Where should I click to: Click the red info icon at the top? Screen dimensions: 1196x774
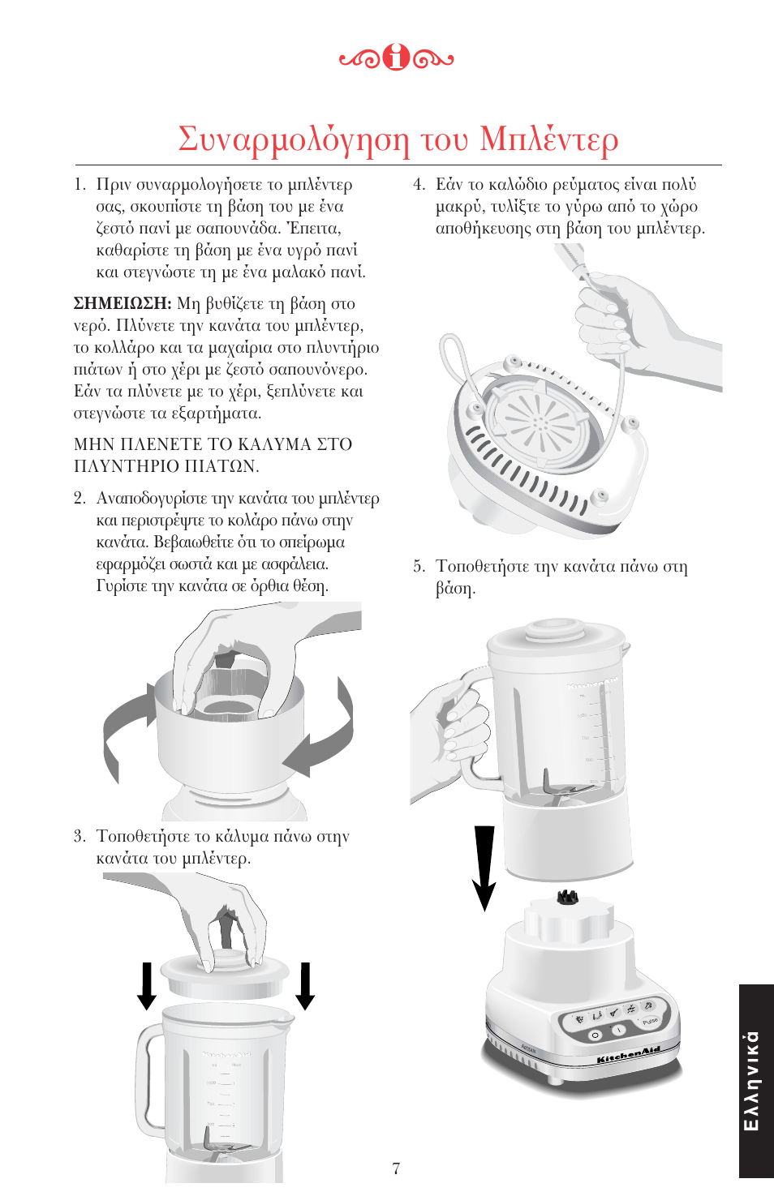pos(396,58)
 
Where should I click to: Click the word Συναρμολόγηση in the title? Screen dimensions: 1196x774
pos(294,139)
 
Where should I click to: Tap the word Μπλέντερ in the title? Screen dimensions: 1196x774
pos(548,139)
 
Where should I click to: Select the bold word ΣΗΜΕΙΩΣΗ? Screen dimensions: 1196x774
pos(122,304)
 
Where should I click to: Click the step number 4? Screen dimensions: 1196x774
pos(418,185)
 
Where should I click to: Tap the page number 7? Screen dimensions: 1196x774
pos(396,1168)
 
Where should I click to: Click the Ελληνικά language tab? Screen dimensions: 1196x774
pos(754,1080)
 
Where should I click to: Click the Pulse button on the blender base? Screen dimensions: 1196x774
pos(649,1022)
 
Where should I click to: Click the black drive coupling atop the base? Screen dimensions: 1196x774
pos(566,897)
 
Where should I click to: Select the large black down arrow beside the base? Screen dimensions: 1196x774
pos(484,868)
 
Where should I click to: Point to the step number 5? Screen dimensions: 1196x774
pos(418,567)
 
